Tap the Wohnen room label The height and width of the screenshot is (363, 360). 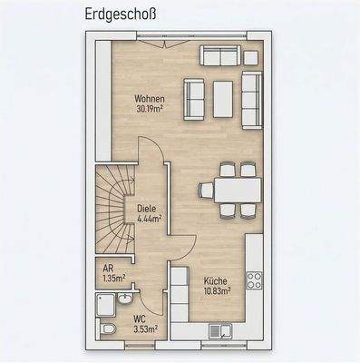click(x=151, y=97)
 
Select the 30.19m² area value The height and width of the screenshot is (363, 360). click(x=151, y=108)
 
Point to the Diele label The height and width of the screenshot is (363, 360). click(x=147, y=208)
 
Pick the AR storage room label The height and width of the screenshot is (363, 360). click(x=108, y=268)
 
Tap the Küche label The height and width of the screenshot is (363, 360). click(x=216, y=280)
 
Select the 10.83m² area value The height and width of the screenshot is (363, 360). click(x=218, y=290)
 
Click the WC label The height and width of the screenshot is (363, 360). click(x=140, y=319)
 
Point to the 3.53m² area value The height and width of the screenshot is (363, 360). click(x=144, y=329)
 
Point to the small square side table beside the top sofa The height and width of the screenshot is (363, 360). click(x=252, y=57)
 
